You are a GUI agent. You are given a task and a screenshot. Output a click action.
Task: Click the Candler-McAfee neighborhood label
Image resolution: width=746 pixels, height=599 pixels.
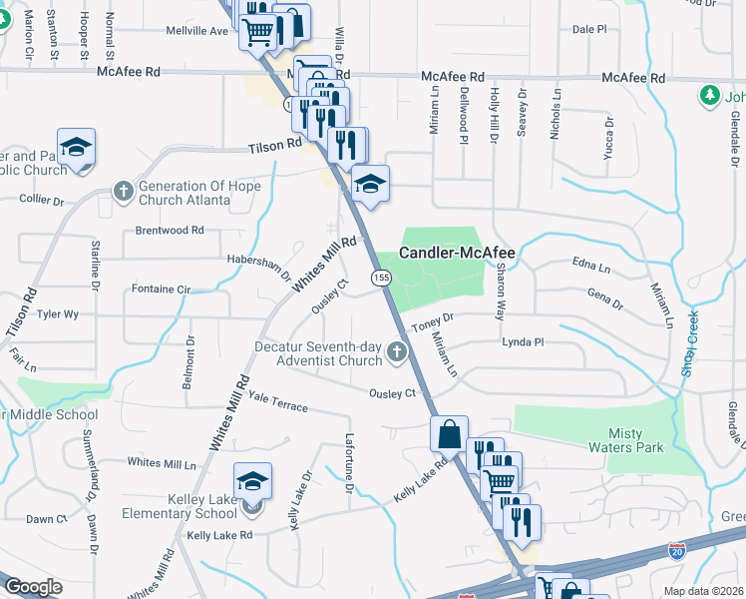tap(457, 254)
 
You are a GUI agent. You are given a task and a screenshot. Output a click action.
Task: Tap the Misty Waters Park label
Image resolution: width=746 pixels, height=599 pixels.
tap(637, 440)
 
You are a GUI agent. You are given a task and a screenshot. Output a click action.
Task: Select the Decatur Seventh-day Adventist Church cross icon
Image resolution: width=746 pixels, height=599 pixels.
tap(397, 351)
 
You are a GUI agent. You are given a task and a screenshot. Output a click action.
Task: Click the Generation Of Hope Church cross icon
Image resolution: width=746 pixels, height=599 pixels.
tap(123, 190)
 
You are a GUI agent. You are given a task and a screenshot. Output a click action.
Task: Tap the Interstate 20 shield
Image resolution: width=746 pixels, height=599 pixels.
tap(677, 550)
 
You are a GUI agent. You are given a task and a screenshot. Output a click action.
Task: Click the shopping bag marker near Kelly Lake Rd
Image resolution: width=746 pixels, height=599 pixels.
tap(449, 434)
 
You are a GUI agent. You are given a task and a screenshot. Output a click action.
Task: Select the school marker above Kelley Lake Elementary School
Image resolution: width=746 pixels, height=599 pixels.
tap(253, 481)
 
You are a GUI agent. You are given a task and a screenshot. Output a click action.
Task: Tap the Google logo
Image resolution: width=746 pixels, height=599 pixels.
tap(32, 587)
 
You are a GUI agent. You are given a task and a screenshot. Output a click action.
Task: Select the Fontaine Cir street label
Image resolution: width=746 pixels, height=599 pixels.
tap(161, 290)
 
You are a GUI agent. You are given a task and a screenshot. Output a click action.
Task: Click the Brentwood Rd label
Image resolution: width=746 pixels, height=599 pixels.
tap(170, 230)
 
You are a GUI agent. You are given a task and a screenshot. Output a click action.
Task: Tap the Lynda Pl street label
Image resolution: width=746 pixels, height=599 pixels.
tap(523, 341)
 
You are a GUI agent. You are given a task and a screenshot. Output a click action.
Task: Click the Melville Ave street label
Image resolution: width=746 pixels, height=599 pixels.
tap(197, 31)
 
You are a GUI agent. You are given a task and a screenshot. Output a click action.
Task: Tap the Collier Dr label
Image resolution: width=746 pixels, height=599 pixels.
tap(41, 200)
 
